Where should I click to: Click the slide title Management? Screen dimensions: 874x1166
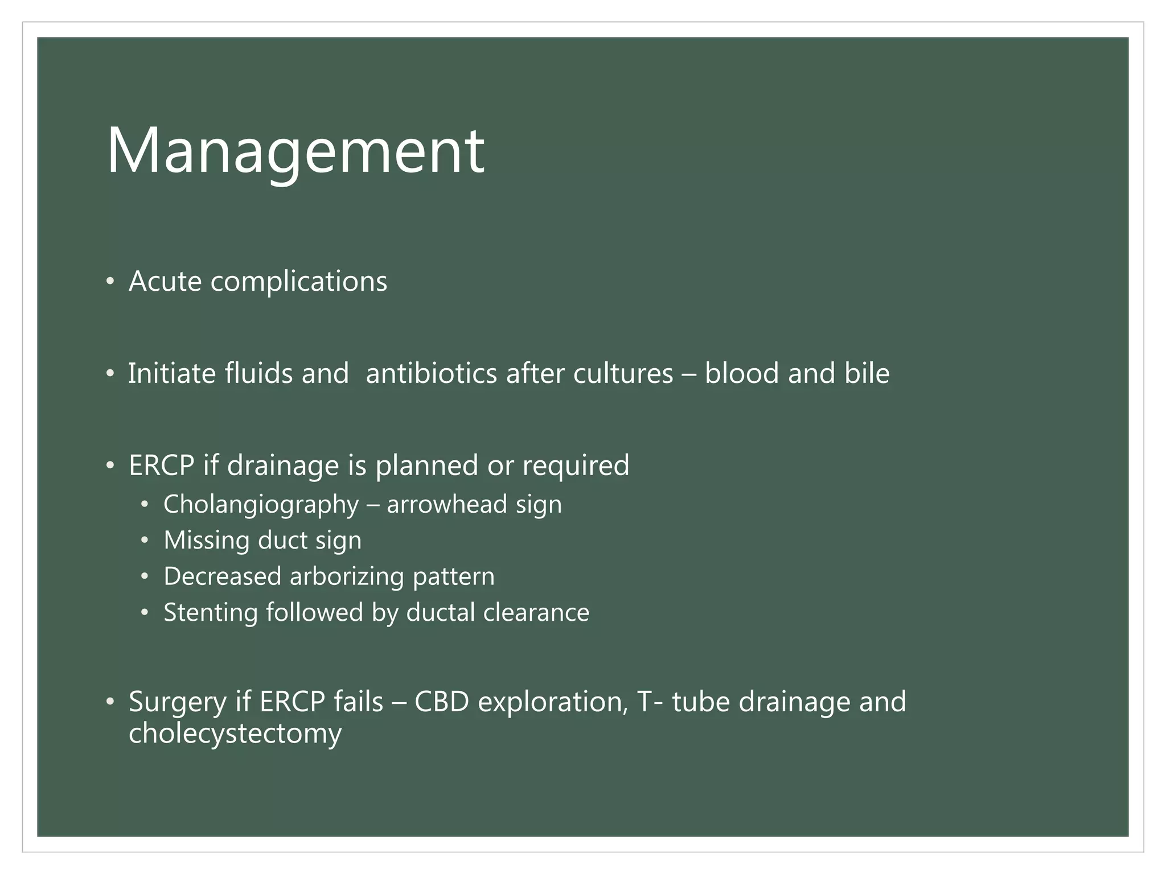tap(295, 151)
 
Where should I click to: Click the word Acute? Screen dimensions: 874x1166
tap(165, 281)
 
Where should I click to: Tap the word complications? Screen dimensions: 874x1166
tap(299, 281)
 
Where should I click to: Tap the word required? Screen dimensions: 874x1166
tap(576, 465)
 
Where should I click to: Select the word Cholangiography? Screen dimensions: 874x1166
tap(261, 505)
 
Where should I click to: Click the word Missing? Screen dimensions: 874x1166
tap(206, 541)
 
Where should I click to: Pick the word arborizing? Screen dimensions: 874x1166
tap(347, 576)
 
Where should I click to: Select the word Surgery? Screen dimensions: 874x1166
tap(177, 702)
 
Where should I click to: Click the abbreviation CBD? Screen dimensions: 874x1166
tap(441, 702)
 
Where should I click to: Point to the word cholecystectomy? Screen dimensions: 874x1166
tap(235, 733)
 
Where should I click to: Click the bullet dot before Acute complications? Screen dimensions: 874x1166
tap(110, 282)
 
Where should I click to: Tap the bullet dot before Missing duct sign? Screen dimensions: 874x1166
tap(145, 541)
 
